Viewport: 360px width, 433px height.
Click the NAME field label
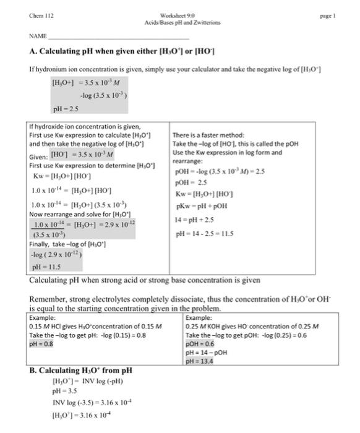(38, 37)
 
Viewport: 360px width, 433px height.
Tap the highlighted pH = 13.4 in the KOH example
(199, 361)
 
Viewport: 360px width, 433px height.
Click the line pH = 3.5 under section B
(65, 391)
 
